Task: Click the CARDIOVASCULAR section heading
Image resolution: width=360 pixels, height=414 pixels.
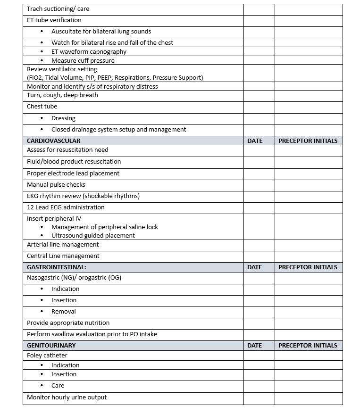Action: pyautogui.click(x=53, y=141)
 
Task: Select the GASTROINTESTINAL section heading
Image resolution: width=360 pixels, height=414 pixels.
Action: pyautogui.click(x=57, y=267)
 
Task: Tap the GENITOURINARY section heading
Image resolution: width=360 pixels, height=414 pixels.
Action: pyautogui.click(x=51, y=345)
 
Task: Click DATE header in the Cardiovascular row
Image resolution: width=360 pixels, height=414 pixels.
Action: pyautogui.click(x=255, y=141)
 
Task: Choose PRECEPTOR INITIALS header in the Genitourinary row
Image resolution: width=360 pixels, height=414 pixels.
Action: pyautogui.click(x=308, y=345)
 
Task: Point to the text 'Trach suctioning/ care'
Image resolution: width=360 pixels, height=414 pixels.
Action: pyautogui.click(x=58, y=9)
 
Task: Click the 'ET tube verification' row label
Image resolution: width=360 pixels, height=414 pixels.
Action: pyautogui.click(x=54, y=20)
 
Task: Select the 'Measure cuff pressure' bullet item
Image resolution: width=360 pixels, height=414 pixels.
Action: pyautogui.click(x=83, y=60)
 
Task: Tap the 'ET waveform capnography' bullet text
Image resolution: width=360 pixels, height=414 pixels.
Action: pyautogui.click(x=89, y=51)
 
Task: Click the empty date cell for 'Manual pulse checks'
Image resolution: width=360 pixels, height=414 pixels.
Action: pyautogui.click(x=259, y=185)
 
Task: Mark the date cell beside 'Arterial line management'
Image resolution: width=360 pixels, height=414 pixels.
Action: pyautogui.click(x=259, y=245)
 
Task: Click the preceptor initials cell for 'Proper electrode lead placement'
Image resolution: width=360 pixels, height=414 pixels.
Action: pyautogui.click(x=309, y=174)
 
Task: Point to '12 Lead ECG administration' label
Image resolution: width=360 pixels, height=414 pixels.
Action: pyautogui.click(x=66, y=207)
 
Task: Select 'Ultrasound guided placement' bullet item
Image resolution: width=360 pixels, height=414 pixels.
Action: pyautogui.click(x=93, y=235)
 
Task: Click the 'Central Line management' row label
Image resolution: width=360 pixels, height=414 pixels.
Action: pyautogui.click(x=63, y=256)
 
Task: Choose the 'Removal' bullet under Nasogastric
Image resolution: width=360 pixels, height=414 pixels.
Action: pyautogui.click(x=64, y=312)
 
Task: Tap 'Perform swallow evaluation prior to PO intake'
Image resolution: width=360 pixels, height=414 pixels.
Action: pyautogui.click(x=92, y=334)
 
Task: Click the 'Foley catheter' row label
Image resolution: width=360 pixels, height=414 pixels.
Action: pyautogui.click(x=47, y=355)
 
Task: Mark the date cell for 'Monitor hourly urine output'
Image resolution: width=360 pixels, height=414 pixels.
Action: pyautogui.click(x=259, y=397)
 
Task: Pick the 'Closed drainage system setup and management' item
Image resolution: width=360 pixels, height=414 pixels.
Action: pyautogui.click(x=118, y=129)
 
